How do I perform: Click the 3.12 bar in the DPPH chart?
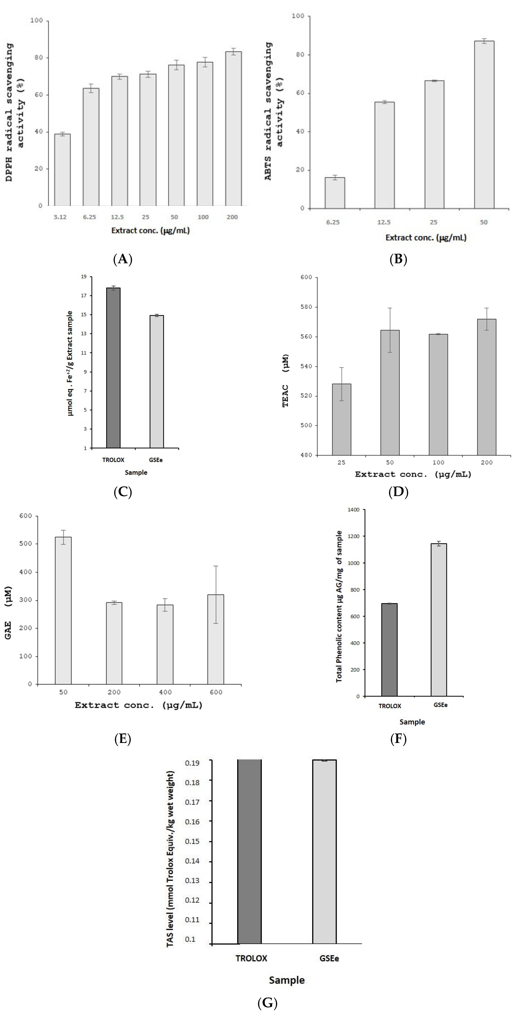(62, 170)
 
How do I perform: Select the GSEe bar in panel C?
(157, 381)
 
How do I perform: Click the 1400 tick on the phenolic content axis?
(353, 510)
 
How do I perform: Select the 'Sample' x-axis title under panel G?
(287, 980)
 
